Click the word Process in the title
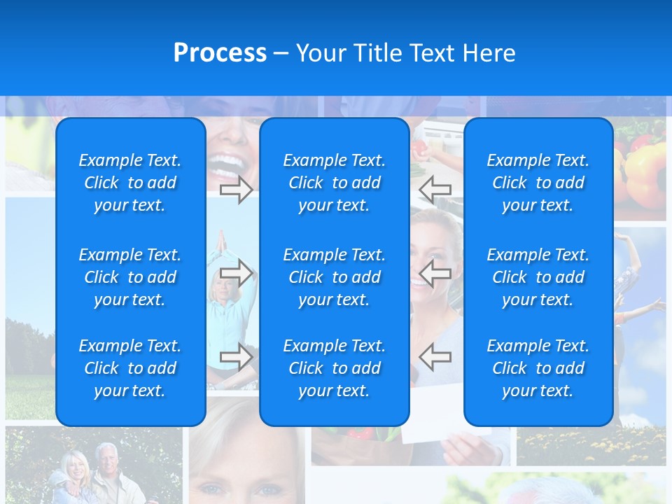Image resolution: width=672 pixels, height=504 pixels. click(220, 53)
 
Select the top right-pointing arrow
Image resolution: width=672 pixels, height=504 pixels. click(237, 189)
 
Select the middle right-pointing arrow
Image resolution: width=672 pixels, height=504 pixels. click(237, 273)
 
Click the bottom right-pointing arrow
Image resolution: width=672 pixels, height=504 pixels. click(237, 357)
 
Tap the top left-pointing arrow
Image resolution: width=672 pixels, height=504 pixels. click(435, 189)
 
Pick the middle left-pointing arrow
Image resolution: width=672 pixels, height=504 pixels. click(435, 273)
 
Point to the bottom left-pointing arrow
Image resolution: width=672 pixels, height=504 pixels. click(435, 357)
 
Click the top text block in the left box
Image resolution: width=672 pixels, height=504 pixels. click(130, 183)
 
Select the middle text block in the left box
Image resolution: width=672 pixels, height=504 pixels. click(130, 277)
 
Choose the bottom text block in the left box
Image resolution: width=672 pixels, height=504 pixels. click(130, 368)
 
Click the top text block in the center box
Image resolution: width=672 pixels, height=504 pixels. click(334, 183)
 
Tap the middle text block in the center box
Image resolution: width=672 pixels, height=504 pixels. click(334, 277)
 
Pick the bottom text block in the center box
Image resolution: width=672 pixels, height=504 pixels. click(334, 368)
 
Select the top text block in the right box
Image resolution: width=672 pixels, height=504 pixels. click(538, 183)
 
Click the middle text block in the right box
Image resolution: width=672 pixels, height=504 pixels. click(538, 277)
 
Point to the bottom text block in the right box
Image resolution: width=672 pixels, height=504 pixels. click(538, 368)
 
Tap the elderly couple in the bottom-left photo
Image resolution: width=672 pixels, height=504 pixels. click(91, 472)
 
